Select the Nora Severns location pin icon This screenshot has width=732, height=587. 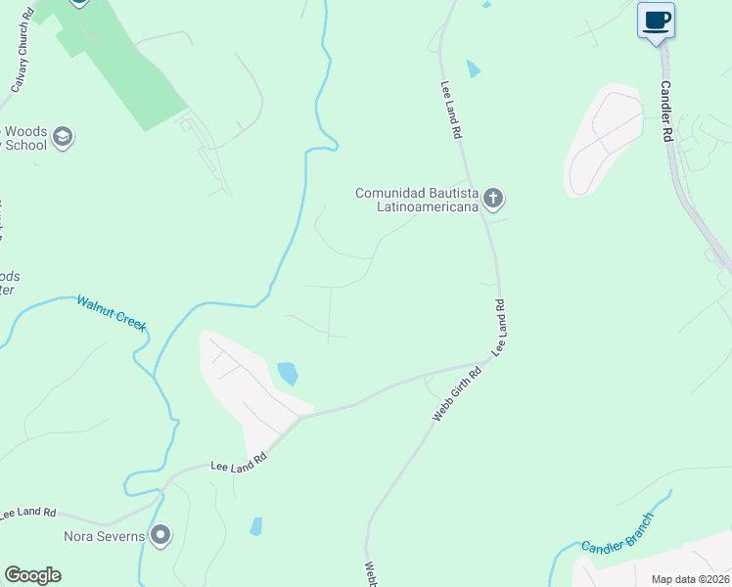coord(160,535)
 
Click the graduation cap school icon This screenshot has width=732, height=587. coord(64,137)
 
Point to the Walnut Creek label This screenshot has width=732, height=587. coord(112,312)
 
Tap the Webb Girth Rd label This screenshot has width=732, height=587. coord(457,394)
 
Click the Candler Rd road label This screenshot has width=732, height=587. coord(665,113)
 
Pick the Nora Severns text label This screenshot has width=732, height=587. coord(104,536)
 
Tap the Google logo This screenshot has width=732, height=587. coord(32,575)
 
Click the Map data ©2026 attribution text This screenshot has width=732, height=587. coord(691,578)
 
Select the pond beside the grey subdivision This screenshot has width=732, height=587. coord(288,373)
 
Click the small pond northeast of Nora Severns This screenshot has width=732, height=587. coord(256,525)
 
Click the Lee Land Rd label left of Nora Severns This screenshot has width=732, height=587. coord(28,512)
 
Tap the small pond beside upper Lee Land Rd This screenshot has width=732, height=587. coord(474,68)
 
